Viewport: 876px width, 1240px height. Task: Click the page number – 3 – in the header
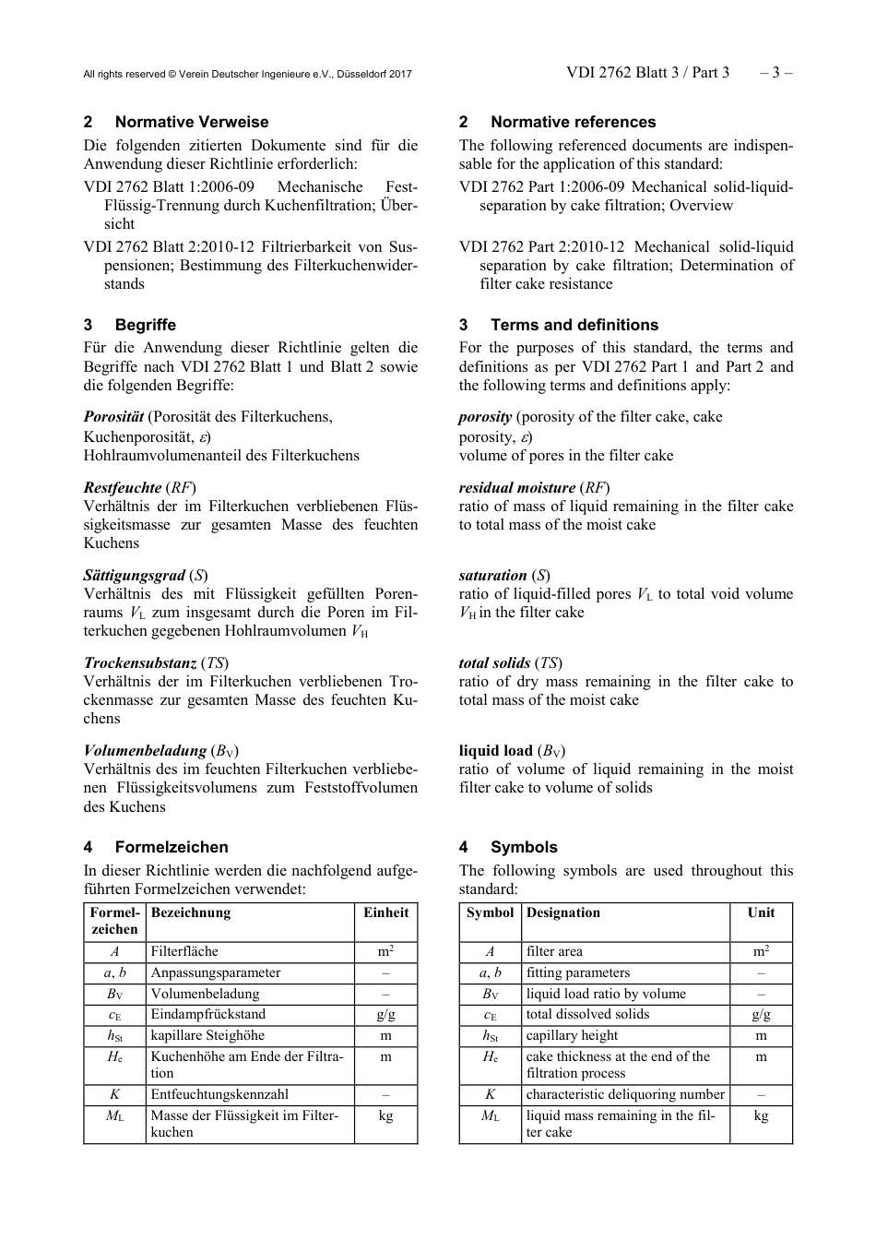point(775,73)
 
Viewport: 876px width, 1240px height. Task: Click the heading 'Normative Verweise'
point(192,122)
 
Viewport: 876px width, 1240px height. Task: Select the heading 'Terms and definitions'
point(574,325)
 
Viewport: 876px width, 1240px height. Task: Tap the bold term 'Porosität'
point(114,417)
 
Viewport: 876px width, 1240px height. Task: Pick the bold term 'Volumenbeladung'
point(145,750)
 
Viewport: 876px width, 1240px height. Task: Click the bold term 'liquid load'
point(496,750)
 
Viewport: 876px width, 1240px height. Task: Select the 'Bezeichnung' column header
point(191,912)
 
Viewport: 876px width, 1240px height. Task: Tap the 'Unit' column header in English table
point(761,912)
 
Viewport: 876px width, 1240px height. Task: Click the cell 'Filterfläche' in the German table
point(184,951)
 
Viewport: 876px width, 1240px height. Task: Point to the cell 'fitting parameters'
point(578,972)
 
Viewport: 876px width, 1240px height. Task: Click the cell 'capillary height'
point(572,1035)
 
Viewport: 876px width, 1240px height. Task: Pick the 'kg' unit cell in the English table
point(761,1116)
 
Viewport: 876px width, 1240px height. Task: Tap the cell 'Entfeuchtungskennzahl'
point(219,1094)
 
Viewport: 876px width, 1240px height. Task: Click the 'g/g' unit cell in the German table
point(385,1014)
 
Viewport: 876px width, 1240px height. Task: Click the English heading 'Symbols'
point(524,847)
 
